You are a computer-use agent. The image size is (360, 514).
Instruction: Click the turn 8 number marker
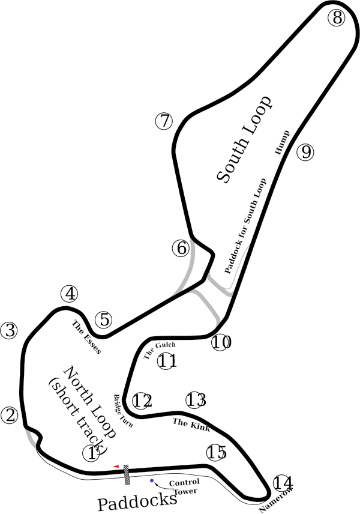coord(337,18)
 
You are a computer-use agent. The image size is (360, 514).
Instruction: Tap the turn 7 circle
coord(164,121)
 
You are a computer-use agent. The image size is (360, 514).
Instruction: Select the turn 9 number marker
coord(305,152)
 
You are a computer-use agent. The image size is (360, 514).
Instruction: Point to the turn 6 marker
coord(181,248)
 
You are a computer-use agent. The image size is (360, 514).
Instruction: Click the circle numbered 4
coord(70,294)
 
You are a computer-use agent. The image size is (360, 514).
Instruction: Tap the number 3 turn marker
coord(10,330)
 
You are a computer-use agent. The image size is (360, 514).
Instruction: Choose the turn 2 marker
coord(10,415)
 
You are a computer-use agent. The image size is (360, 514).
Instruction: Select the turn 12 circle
coord(141,401)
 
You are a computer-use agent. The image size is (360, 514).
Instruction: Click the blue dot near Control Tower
coord(152,480)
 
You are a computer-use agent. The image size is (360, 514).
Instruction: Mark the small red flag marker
coord(116,465)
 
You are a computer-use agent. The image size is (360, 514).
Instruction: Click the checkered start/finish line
coord(127,474)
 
